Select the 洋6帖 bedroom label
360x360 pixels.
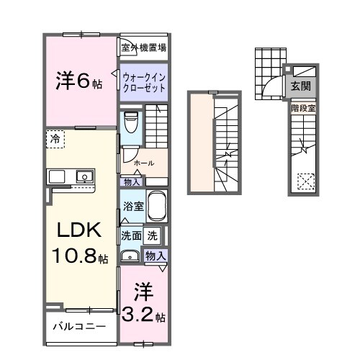(x=79, y=82)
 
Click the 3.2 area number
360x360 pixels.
(x=142, y=315)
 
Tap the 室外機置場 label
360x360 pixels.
(x=144, y=48)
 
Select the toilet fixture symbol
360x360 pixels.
(x=130, y=125)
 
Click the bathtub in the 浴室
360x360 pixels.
(x=156, y=207)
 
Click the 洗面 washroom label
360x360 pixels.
(x=131, y=234)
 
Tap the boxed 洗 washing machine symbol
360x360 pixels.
(x=153, y=234)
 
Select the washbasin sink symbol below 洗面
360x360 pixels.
(x=131, y=254)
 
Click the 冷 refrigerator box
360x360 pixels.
(x=55, y=138)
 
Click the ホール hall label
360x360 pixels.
(x=143, y=163)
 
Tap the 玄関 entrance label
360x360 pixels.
(x=300, y=86)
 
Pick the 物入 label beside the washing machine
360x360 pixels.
(x=156, y=256)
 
